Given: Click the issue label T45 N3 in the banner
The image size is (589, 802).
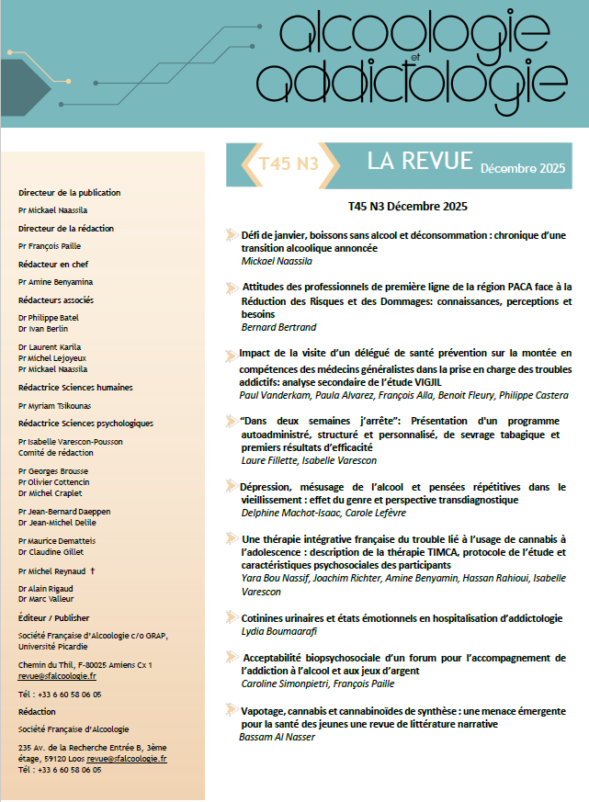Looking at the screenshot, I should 288,164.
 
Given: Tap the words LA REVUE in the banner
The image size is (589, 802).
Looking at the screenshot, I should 419,161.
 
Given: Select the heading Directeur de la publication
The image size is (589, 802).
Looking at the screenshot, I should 69,193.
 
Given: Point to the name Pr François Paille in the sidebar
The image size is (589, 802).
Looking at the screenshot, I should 56,246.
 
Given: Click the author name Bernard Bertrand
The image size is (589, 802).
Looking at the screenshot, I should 278,327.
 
